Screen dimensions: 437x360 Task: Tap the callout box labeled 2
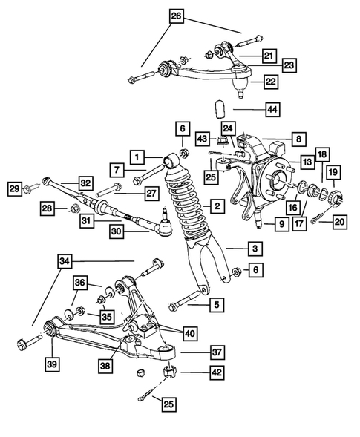[x=216, y=205]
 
